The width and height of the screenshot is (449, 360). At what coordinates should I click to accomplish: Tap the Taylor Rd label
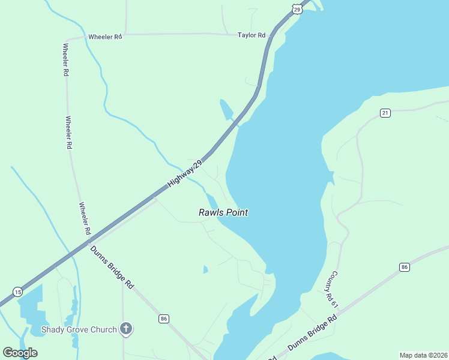[x=252, y=35]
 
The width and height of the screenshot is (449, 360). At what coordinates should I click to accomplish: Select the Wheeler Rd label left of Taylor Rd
[x=105, y=37]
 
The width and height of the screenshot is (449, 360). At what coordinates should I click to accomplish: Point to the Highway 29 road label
[x=186, y=172]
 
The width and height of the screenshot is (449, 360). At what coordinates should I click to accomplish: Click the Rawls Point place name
[x=223, y=212]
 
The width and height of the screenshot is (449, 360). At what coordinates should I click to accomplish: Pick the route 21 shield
[x=385, y=113]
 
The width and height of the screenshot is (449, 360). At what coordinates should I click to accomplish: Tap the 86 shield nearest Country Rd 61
[x=405, y=266]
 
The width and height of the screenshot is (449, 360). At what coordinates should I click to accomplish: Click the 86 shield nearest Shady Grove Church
[x=163, y=318]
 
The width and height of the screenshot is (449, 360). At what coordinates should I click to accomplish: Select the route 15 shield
[x=18, y=292]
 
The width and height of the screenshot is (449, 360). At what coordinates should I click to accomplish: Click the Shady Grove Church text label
[x=79, y=329]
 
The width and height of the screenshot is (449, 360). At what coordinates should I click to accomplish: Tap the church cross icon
[x=125, y=328]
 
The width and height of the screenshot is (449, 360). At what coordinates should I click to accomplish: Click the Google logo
[x=20, y=353]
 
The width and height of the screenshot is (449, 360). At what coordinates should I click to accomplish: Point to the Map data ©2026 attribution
[x=423, y=355]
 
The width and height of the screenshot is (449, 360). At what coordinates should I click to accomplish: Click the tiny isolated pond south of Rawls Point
[x=205, y=269]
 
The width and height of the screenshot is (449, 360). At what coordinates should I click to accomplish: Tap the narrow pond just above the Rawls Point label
[x=211, y=200]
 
